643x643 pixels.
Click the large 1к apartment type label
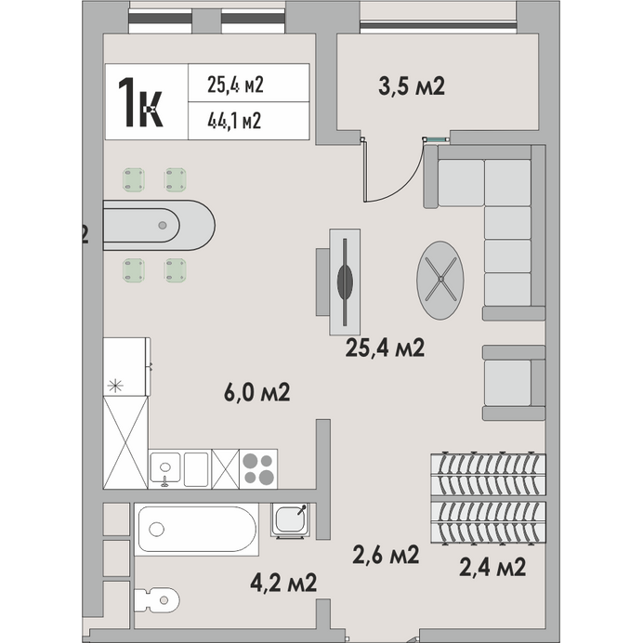140,102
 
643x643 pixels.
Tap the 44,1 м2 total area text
234,121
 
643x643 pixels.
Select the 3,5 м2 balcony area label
412,86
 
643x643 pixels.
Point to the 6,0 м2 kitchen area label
257,392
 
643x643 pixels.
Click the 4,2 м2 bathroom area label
283,583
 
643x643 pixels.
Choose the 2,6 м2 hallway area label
386,555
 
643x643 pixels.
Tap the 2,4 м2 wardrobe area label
492,567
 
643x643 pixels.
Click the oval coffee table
440,281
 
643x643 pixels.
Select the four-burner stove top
258,469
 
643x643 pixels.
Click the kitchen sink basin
165,468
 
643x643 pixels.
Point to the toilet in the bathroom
157,600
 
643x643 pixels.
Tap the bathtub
197,530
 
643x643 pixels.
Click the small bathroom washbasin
290,520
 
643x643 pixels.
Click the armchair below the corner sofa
514,383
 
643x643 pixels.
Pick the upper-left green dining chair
134,179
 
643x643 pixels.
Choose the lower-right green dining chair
175,270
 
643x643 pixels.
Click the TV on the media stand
345,282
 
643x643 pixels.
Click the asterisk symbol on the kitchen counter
115,386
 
